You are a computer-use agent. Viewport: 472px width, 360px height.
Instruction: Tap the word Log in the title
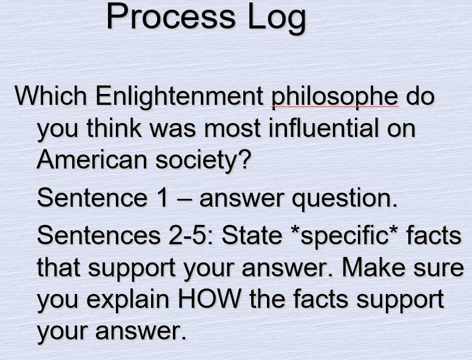point(276,18)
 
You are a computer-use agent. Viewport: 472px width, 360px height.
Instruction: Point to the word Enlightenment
point(178,96)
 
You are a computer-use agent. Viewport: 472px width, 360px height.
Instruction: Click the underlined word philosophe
point(334,98)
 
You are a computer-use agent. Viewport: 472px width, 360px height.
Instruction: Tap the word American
point(92,160)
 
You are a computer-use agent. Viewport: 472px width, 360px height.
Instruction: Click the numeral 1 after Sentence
point(162,198)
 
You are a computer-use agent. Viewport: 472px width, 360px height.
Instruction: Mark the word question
point(346,199)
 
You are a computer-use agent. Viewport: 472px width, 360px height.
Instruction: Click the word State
point(248,235)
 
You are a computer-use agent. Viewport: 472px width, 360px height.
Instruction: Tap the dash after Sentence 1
point(183,199)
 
